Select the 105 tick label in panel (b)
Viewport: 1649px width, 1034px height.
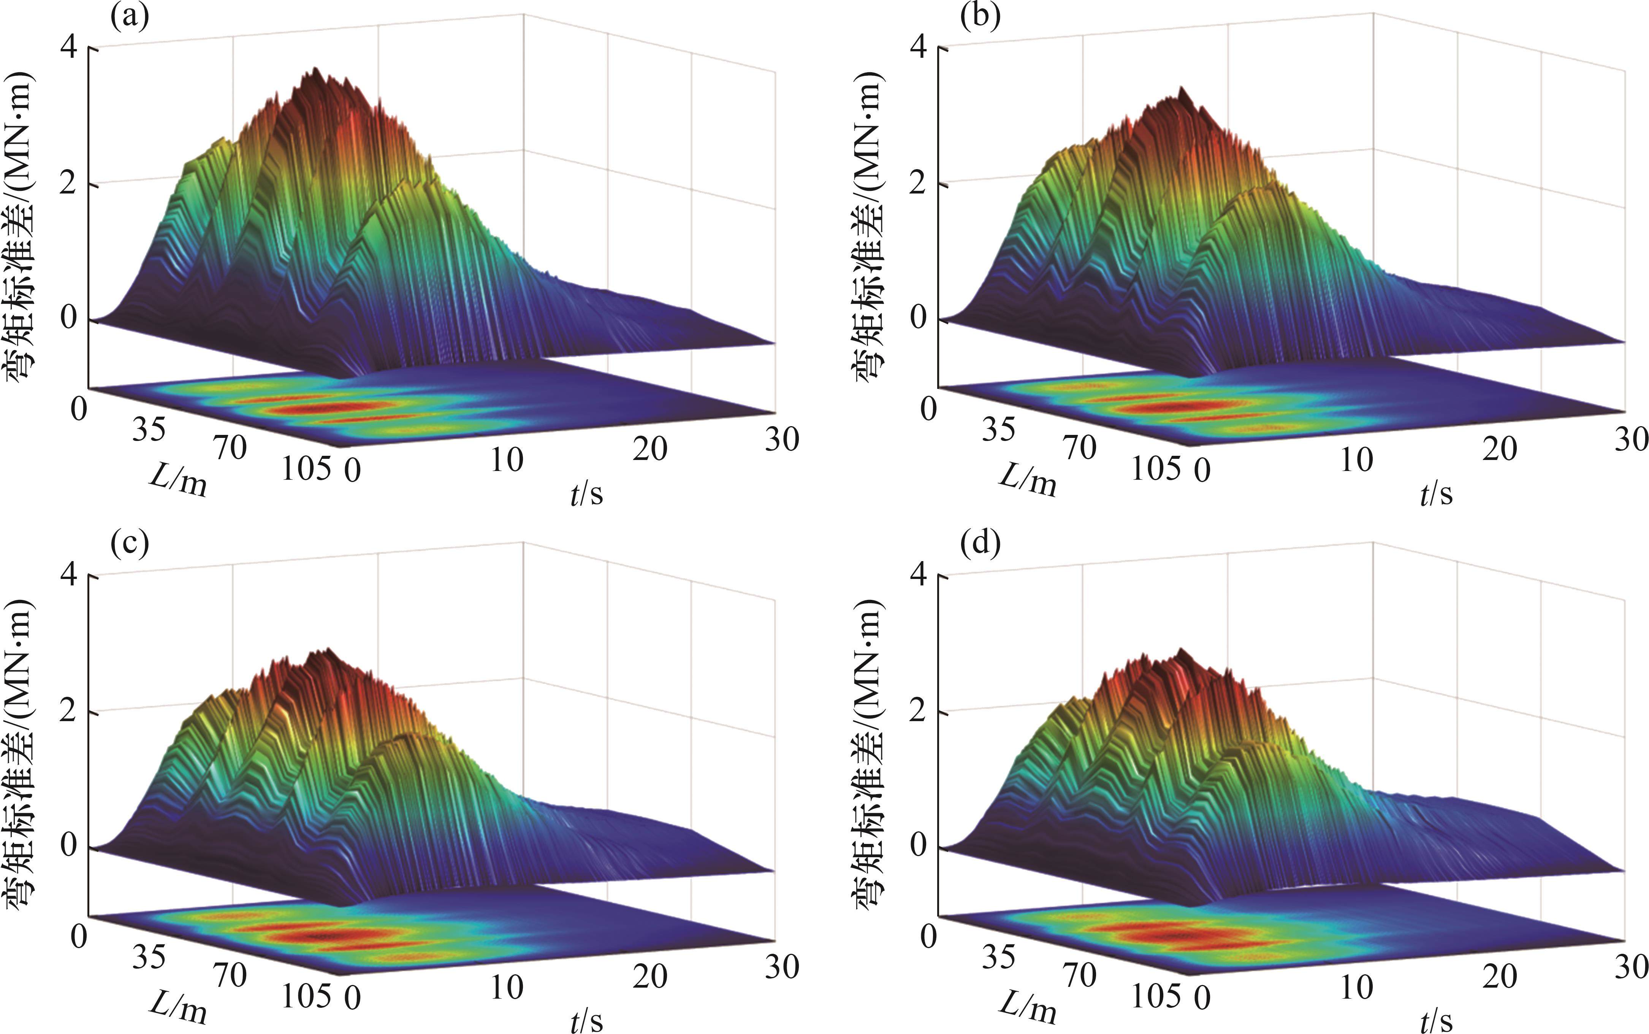[1155, 469]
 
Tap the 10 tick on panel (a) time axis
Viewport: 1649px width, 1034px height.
[507, 460]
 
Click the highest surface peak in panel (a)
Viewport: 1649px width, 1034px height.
[315, 69]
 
